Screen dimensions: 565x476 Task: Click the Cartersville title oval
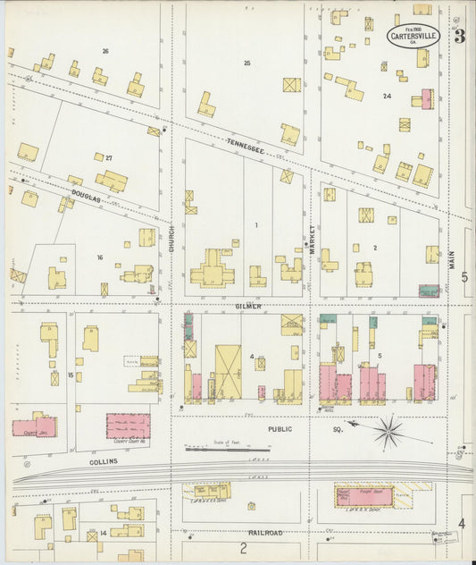413,37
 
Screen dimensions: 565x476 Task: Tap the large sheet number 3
459,37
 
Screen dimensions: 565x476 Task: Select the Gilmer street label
247,306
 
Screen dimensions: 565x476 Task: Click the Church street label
171,238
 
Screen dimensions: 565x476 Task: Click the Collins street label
103,461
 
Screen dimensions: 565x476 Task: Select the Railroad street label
266,533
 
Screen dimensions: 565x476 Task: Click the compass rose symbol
388,432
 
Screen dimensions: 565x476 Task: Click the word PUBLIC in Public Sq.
280,429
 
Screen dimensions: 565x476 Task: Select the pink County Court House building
128,426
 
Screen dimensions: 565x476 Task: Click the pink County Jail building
34,426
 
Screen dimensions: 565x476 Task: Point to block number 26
104,51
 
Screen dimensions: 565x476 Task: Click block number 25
246,63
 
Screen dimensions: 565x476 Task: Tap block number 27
109,157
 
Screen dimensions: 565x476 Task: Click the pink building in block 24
427,98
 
